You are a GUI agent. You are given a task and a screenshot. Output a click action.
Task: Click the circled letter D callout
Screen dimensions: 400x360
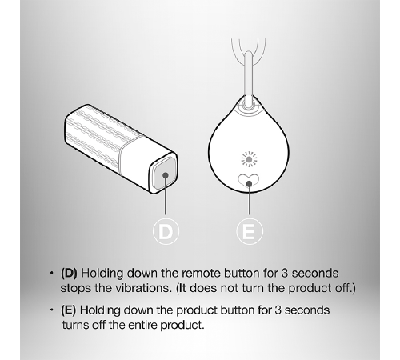[x=166, y=231]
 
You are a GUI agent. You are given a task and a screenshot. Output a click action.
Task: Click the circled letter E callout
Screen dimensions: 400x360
[x=250, y=231]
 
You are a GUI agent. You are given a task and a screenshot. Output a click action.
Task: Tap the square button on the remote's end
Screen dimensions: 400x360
[x=166, y=174]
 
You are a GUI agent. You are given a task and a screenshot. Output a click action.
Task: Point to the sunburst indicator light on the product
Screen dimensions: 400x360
[x=249, y=159]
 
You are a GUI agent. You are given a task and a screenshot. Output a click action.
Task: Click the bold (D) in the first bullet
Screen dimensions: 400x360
[x=69, y=273]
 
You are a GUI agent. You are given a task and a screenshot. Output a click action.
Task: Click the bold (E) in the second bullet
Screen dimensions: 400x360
[x=69, y=310]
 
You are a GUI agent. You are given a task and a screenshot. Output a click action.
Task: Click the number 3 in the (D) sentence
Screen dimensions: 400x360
[x=285, y=273]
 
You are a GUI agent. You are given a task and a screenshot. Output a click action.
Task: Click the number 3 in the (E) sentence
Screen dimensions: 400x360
[x=278, y=310]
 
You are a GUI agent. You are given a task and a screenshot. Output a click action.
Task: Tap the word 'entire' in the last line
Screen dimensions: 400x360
[x=143, y=325]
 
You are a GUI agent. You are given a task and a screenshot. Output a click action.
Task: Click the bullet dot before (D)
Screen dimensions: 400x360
[x=51, y=273]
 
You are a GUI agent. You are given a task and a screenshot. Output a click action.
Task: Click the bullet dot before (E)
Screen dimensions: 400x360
[x=51, y=310]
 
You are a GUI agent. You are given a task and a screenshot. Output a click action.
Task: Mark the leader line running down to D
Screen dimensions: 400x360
[x=166, y=194]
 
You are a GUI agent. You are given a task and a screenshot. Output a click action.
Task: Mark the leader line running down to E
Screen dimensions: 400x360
[x=249, y=199]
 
